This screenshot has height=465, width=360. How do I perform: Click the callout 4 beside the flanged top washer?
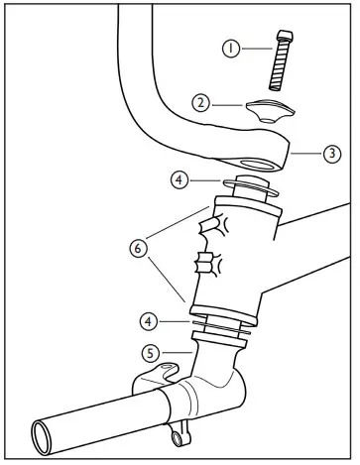click(x=178, y=180)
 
